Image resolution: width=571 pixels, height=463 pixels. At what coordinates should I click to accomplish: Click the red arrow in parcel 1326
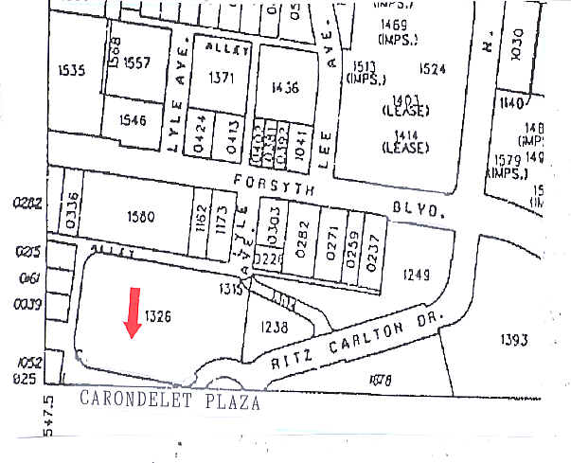pyautogui.click(x=133, y=312)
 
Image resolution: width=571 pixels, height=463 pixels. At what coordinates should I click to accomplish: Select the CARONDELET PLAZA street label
pyautogui.click(x=169, y=399)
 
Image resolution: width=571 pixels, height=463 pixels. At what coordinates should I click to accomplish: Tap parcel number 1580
pyautogui.click(x=139, y=217)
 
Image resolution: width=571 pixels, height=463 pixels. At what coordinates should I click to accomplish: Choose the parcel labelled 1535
pyautogui.click(x=72, y=69)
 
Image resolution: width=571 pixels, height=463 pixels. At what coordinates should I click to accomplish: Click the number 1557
pyautogui.click(x=137, y=62)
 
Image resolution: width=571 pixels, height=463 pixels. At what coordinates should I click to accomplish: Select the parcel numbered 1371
pyautogui.click(x=220, y=79)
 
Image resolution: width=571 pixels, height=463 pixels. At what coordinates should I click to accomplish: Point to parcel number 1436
pyautogui.click(x=284, y=88)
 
